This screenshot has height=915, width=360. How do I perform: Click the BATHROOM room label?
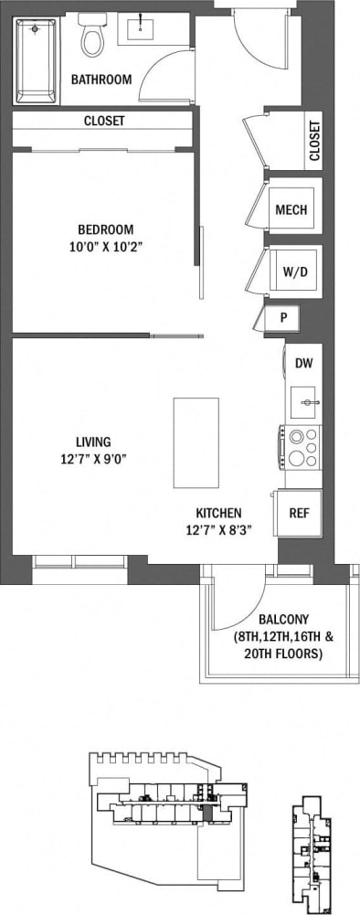(101, 80)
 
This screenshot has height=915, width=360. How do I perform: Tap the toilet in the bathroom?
(91, 36)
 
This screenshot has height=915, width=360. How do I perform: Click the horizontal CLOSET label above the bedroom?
(104, 121)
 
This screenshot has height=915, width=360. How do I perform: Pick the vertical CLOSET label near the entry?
(314, 141)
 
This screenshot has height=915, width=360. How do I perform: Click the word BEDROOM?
(105, 229)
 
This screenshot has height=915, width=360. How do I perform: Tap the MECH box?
(291, 209)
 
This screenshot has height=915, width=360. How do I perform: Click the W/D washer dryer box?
(293, 271)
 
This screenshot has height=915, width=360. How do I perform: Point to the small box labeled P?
(283, 318)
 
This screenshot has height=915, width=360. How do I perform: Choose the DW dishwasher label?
(302, 363)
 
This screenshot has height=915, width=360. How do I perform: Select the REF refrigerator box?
(299, 513)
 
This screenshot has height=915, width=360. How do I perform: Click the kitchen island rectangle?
(196, 442)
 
